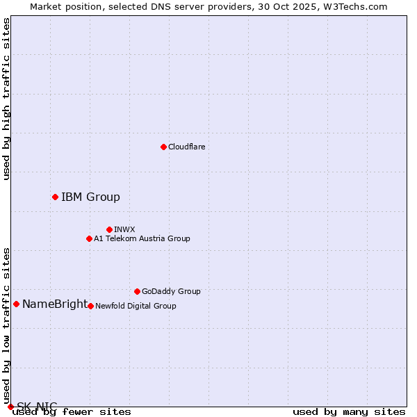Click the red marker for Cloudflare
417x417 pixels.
(x=163, y=147)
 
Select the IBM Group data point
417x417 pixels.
(x=55, y=197)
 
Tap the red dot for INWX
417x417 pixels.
(x=109, y=229)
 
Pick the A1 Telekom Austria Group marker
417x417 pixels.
(x=89, y=238)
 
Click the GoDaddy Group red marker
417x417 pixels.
(x=137, y=291)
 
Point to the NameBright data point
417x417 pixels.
(x=16, y=304)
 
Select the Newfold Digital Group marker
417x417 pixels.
(x=90, y=306)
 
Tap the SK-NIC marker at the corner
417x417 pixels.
(x=10, y=407)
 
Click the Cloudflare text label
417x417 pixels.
(x=186, y=147)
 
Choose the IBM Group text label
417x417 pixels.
(x=90, y=197)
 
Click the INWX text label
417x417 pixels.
(x=124, y=229)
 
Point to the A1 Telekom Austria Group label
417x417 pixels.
(x=142, y=238)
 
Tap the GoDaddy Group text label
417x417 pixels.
(x=171, y=291)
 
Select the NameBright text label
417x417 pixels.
(x=55, y=304)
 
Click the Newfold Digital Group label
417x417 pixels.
(x=136, y=306)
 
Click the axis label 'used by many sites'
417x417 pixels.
(x=349, y=411)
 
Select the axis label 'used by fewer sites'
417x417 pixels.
(x=72, y=411)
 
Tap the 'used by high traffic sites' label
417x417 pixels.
(x=7, y=99)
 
